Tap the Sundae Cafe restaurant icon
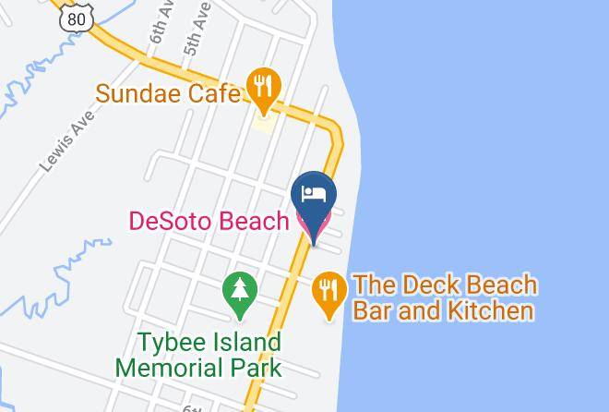click(265, 87)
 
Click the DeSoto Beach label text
click(208, 222)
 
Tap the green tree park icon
click(239, 290)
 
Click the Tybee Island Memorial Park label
click(197, 355)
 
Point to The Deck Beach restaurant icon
click(329, 291)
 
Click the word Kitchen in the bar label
click(489, 309)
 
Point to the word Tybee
click(171, 343)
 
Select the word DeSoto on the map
click(172, 222)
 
